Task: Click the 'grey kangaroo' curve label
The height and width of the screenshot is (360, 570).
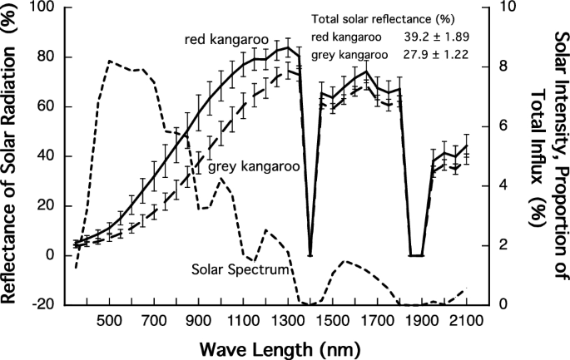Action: [x=254, y=166]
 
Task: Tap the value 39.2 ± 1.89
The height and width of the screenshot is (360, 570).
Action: [x=436, y=37]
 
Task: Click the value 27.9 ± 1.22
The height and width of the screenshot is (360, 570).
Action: [x=436, y=55]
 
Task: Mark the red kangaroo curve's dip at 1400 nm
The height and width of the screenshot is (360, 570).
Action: [x=310, y=254]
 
